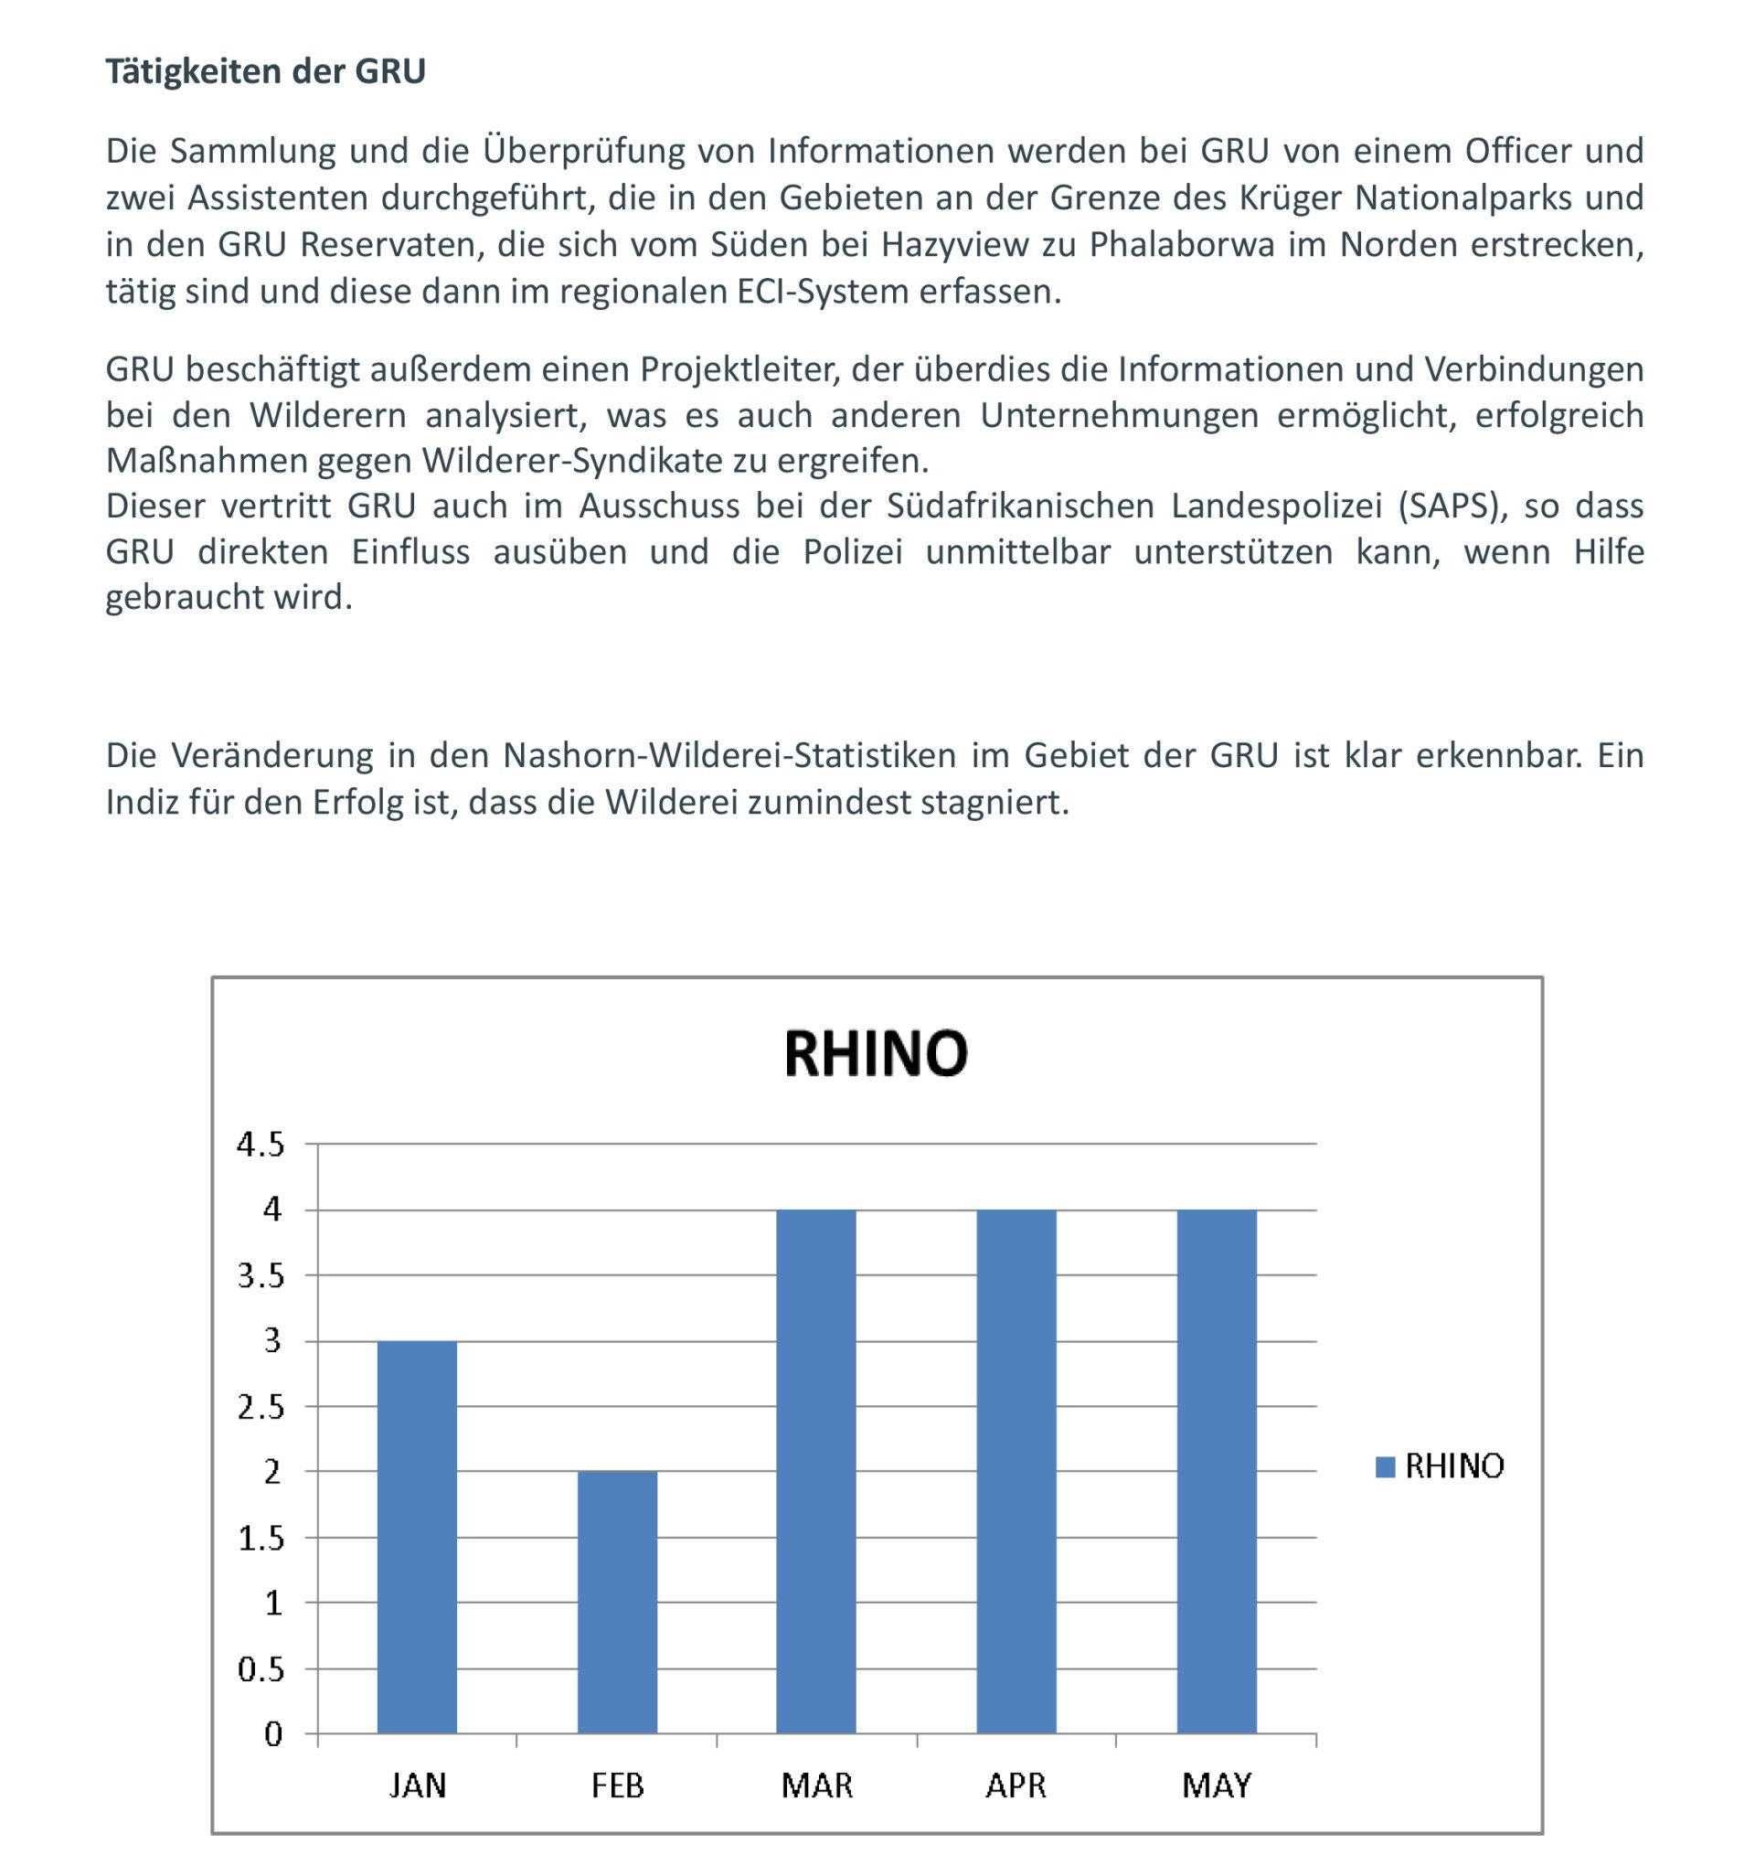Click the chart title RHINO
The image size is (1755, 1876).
point(876,1054)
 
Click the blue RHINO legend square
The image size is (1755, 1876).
point(1385,1466)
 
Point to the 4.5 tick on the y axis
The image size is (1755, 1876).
point(261,1145)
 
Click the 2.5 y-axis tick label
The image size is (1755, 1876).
point(261,1408)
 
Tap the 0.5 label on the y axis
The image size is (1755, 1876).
point(261,1669)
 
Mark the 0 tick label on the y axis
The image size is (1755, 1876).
point(272,1734)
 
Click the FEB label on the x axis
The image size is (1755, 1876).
point(617,1785)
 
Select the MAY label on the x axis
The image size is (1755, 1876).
point(1217,1785)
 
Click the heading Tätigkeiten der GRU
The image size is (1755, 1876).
point(265,71)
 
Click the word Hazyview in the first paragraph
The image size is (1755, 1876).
point(955,244)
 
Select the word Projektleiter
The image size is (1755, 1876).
point(739,369)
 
